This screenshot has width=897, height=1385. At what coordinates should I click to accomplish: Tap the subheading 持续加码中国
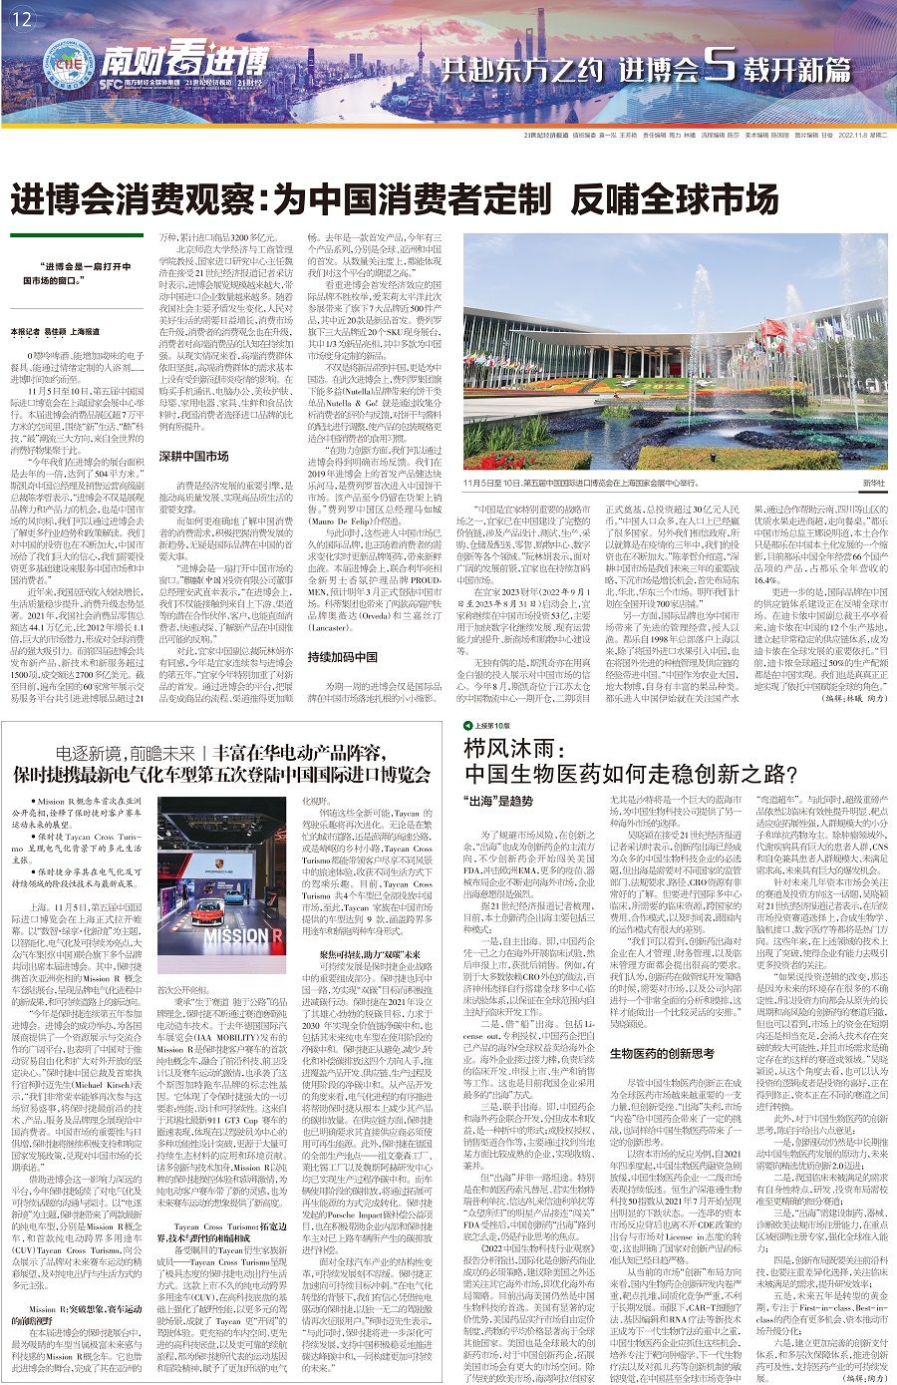click(x=334, y=631)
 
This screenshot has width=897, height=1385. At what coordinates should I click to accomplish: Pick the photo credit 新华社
click(x=873, y=483)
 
